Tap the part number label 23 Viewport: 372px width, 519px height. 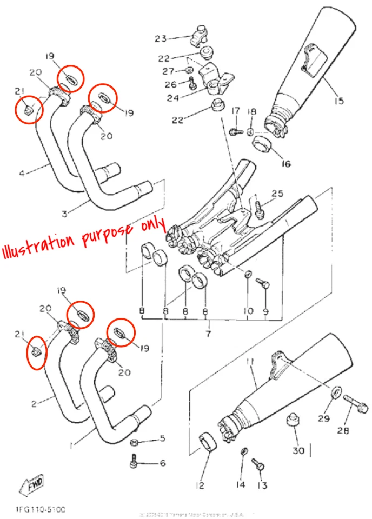pos(161,38)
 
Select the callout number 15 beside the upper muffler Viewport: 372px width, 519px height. pos(338,101)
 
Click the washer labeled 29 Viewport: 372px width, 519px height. pos(336,391)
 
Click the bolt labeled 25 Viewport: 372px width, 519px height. pos(259,207)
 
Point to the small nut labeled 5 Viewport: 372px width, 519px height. pos(136,443)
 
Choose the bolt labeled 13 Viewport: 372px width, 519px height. pos(258,463)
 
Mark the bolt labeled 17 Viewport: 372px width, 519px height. pos(234,130)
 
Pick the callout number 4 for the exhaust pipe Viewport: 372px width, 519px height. pos(22,174)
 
